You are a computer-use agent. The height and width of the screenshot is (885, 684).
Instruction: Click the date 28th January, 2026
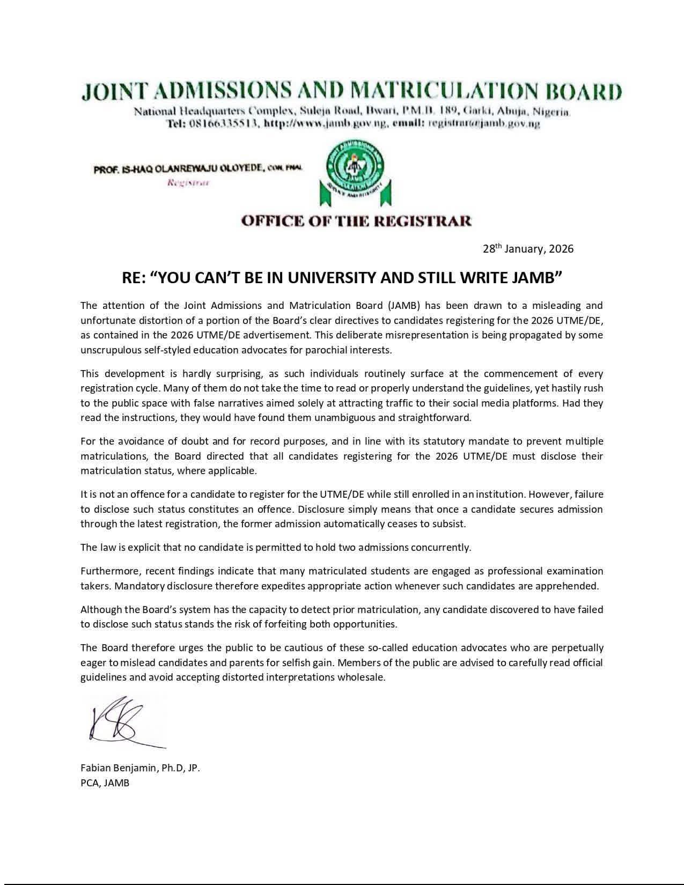click(528, 249)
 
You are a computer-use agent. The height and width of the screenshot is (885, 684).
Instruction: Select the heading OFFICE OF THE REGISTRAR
click(356, 221)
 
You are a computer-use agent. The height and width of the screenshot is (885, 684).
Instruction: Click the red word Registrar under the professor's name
click(188, 183)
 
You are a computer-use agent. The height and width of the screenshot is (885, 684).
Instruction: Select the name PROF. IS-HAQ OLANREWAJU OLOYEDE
click(180, 169)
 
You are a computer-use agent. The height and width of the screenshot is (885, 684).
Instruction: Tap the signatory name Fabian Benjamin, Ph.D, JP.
click(140, 768)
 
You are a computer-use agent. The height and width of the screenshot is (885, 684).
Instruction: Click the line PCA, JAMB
click(105, 783)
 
